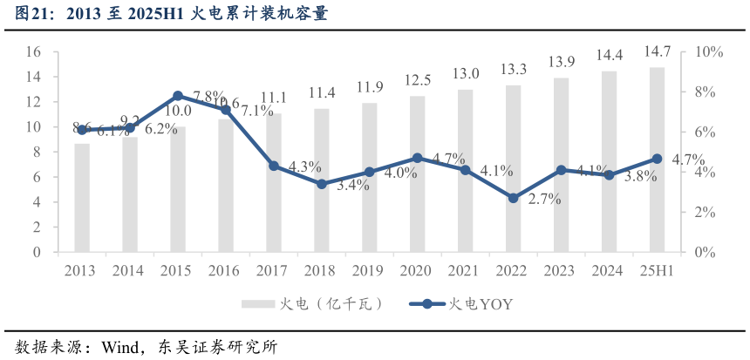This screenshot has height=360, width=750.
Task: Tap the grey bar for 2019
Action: (x=370, y=178)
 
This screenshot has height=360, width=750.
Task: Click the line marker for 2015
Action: (x=178, y=96)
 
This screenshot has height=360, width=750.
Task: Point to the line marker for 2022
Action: (x=514, y=198)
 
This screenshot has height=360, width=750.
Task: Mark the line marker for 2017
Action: (x=274, y=166)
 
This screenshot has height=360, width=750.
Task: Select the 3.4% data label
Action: (x=353, y=185)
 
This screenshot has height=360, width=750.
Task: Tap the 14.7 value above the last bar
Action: (x=658, y=54)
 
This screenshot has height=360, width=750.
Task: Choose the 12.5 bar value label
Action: (x=418, y=80)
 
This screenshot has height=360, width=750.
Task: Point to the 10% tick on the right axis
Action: (x=709, y=52)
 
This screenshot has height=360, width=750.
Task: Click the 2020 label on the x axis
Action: (x=418, y=271)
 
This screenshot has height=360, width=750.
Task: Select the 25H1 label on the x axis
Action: (x=657, y=271)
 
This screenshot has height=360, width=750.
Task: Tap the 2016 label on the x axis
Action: (x=226, y=271)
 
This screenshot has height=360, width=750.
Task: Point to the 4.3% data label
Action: (x=305, y=166)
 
